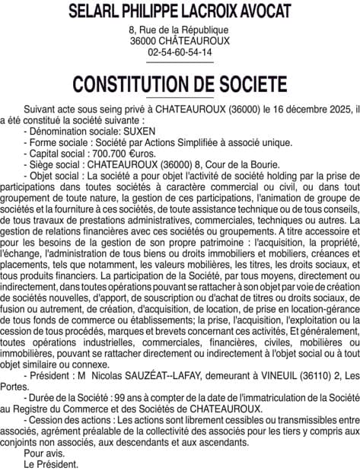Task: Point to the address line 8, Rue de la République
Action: click(180, 29)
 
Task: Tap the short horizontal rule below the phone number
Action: click(180, 62)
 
